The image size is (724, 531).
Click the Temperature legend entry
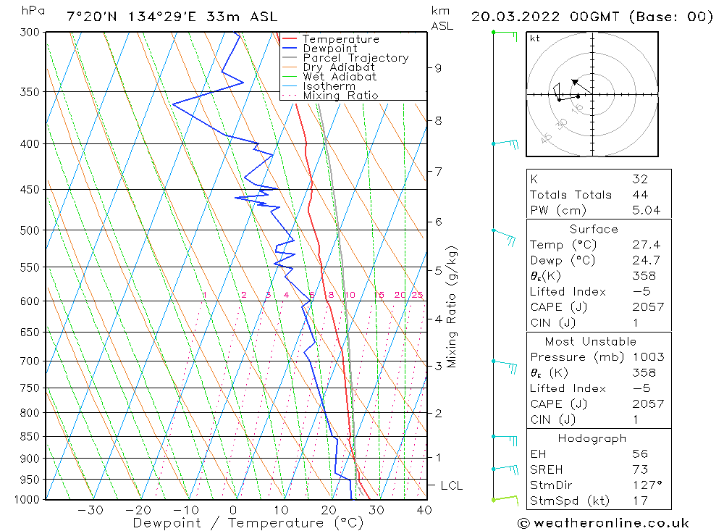340,39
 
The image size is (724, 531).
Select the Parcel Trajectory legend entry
355,58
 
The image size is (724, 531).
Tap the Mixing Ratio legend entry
340,95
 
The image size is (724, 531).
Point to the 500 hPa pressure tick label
31,230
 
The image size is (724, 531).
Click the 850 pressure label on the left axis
31,437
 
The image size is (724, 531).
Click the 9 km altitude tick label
438,68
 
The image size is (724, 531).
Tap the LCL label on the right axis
451,485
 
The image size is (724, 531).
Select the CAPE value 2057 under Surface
647,307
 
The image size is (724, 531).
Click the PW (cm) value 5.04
646,211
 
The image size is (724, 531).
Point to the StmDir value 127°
647,485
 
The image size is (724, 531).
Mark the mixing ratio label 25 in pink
417,295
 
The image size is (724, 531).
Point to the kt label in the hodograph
534,38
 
